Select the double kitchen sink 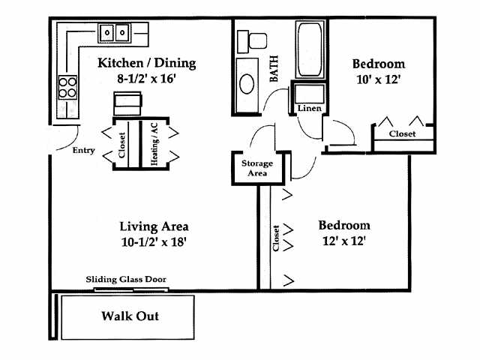click(115, 33)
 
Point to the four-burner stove click(68, 87)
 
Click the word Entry click(83, 150)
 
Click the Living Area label click(154, 226)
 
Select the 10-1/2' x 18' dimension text click(154, 241)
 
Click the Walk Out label click(130, 316)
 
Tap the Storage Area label click(256, 167)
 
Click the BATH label click(274, 68)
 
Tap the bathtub click(307, 51)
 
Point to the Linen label click(309, 108)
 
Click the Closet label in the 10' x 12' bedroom click(402, 133)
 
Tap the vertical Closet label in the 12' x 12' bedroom click(276, 238)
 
